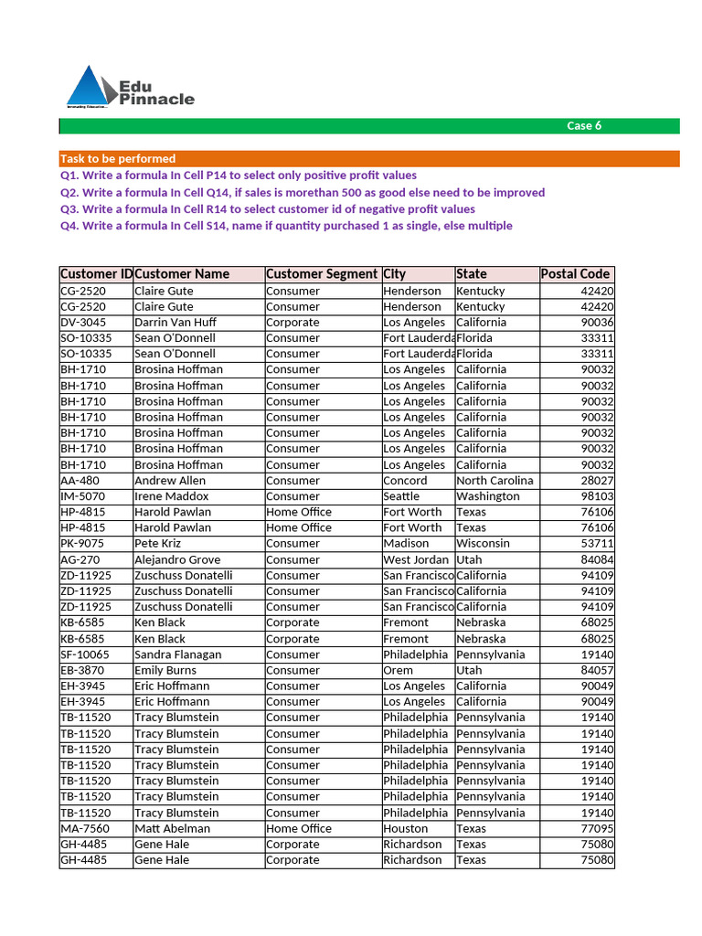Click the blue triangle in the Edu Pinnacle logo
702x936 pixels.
tap(88, 89)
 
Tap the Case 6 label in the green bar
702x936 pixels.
tap(584, 126)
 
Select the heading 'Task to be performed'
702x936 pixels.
tap(118, 159)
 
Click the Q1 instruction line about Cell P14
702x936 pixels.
tap(239, 175)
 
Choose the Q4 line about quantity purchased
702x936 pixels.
tap(286, 226)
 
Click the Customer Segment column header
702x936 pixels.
tap(322, 274)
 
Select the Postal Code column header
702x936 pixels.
tap(575, 274)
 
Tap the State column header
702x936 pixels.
tap(472, 274)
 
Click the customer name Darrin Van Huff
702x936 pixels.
tap(175, 323)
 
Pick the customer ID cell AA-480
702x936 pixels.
tap(80, 481)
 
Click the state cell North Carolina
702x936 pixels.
tap(495, 481)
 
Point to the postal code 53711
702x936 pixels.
tap(597, 544)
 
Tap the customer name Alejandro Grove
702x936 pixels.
tap(177, 559)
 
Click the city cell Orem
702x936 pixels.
tap(398, 670)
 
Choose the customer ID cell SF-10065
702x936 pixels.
tap(85, 654)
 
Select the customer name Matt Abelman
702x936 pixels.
tap(172, 828)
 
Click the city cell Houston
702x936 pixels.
tap(406, 828)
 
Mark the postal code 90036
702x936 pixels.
tap(597, 323)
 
